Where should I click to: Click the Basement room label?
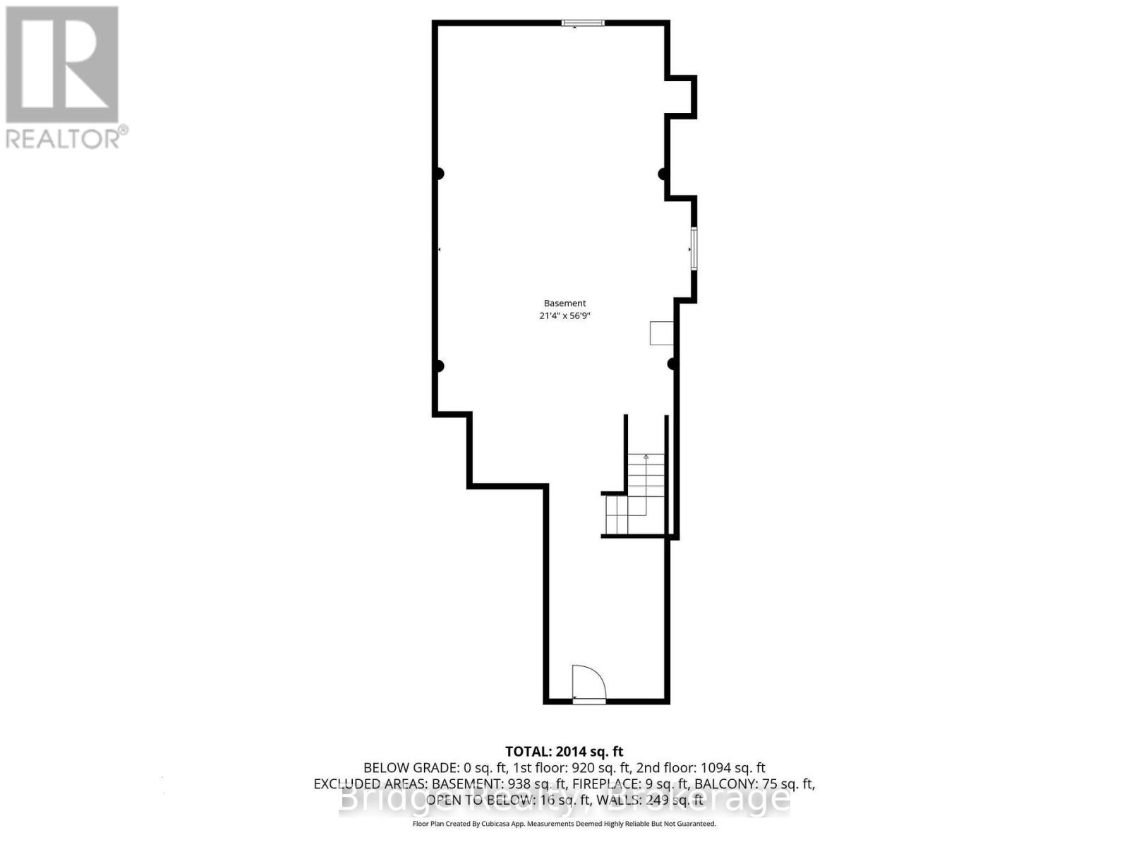click(564, 304)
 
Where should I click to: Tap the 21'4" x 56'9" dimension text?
click(564, 316)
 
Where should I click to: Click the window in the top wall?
click(583, 23)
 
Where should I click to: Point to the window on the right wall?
click(694, 248)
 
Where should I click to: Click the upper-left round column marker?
click(439, 174)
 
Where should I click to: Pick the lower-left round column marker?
click(439, 366)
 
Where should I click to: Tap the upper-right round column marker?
click(663, 174)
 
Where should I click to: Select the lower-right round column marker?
click(672, 364)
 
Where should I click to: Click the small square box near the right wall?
click(661, 333)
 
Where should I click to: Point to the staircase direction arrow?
click(646, 457)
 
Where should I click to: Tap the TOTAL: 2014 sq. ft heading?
click(564, 752)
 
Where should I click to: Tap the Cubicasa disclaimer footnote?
click(564, 824)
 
